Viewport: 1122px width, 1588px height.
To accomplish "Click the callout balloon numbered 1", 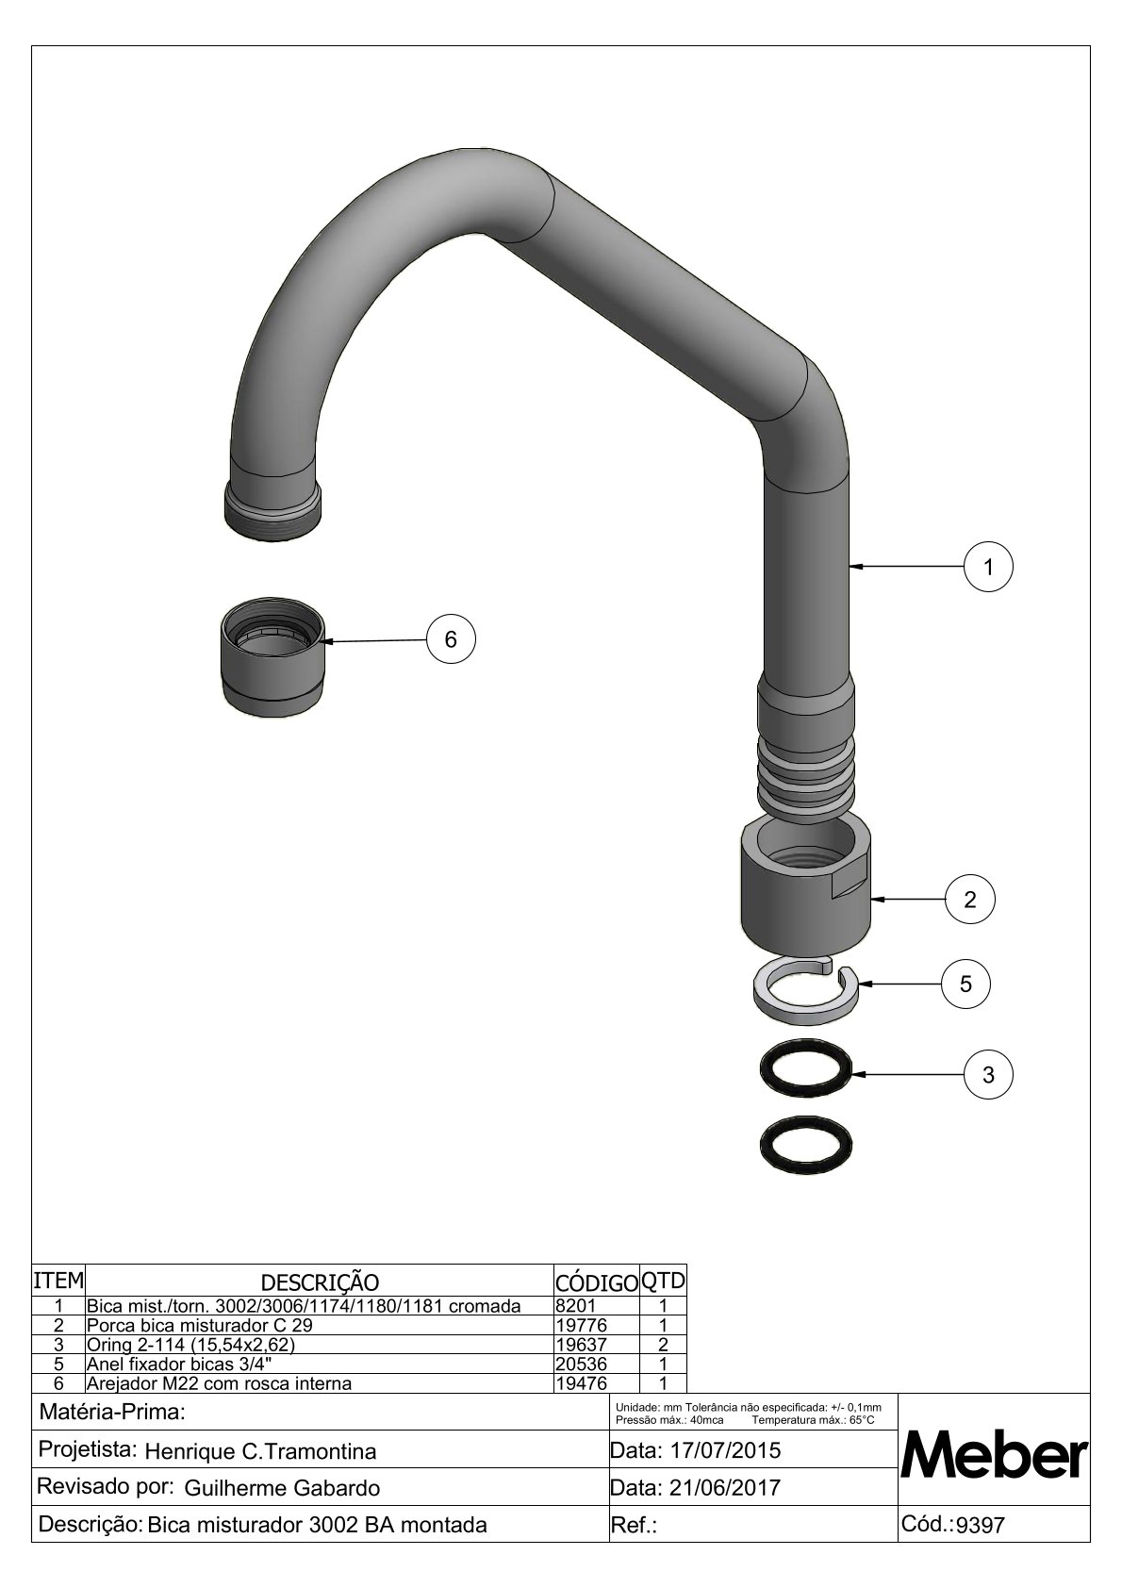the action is click(988, 567).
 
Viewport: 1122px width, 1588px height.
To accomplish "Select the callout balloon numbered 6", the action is click(451, 639).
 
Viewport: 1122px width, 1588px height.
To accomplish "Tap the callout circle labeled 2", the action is click(970, 900).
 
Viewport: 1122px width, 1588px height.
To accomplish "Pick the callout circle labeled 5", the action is click(965, 984).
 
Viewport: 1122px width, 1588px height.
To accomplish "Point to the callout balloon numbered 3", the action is click(988, 1075).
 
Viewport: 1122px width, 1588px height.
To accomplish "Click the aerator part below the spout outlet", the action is click(272, 658).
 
